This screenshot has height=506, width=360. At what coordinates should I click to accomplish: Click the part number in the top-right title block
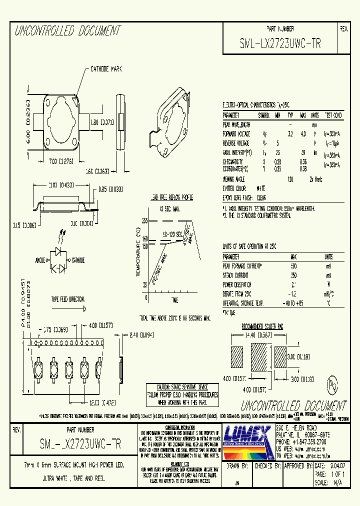pyautogui.click(x=280, y=44)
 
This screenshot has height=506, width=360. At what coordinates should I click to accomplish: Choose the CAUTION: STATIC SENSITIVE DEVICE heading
pyautogui.click(x=181, y=387)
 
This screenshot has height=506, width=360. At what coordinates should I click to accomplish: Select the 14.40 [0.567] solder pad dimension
pyautogui.click(x=260, y=335)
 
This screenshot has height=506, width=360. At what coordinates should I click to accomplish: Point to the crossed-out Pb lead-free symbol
pyautogui.click(x=331, y=385)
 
